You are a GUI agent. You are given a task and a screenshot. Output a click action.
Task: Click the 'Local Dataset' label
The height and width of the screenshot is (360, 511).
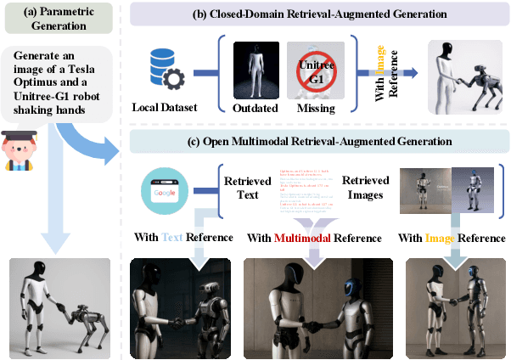click(x=165, y=109)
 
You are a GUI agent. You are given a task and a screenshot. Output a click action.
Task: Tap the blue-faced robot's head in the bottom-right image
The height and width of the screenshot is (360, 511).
click(x=472, y=277)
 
